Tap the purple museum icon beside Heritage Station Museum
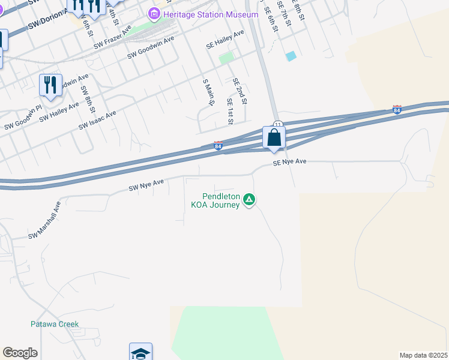pos(155,14)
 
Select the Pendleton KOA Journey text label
pos(215,200)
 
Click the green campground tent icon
pos(250,200)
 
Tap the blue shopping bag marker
pos(274,138)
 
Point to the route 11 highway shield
pos(277,124)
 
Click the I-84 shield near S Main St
pos(218,146)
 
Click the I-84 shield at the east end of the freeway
pos(397,110)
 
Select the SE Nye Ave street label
pos(289,162)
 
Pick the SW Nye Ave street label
pos(146,185)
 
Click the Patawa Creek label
pos(55,324)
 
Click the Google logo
pos(20,353)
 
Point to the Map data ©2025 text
pos(423,355)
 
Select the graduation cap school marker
pos(140,353)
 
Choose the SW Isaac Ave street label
pos(97,120)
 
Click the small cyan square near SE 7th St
pos(291,56)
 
